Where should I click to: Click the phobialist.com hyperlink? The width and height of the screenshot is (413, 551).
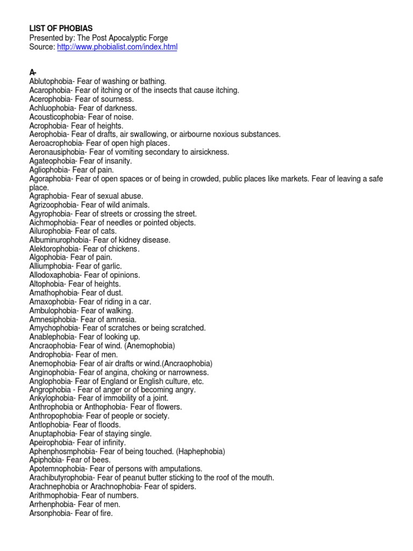point(117,47)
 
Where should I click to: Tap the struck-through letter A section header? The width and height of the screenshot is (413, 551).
point(32,73)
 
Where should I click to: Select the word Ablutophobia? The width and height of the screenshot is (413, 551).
point(51,82)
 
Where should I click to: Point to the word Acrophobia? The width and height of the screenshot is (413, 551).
point(47,125)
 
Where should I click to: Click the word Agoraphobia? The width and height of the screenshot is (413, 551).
point(51,178)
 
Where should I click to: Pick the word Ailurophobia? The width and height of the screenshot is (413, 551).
point(49,231)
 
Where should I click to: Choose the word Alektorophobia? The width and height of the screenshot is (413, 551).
point(54,249)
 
